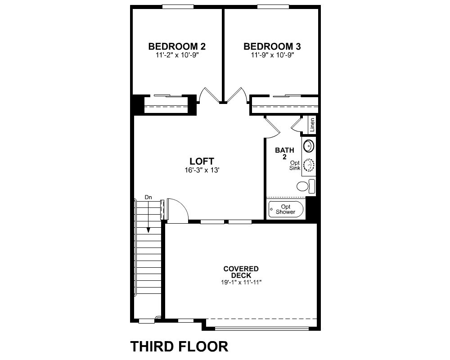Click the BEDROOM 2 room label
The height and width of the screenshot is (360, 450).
pos(177,46)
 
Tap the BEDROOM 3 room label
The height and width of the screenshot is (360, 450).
pos(272,46)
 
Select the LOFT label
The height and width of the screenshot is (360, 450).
pos(202,161)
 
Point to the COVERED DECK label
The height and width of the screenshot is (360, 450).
pos(241,272)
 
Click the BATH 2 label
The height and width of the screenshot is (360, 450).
pos(284,153)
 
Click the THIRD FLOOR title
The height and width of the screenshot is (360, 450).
pos(180,346)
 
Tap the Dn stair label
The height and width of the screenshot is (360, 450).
pos(148,197)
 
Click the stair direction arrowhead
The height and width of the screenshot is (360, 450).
pos(148,230)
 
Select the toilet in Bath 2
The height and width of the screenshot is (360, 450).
pos(306,186)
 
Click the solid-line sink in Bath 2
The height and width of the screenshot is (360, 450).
pos(309,146)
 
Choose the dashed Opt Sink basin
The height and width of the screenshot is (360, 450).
pos(309,165)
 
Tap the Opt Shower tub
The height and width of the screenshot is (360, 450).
pos(286,209)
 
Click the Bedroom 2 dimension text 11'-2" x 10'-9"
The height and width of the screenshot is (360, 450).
pos(177,55)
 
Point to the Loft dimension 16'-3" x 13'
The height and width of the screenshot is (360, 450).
pos(202,170)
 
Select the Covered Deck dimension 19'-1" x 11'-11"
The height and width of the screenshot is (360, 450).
pos(241,282)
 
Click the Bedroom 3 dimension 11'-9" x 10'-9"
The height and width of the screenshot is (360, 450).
pos(273,55)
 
